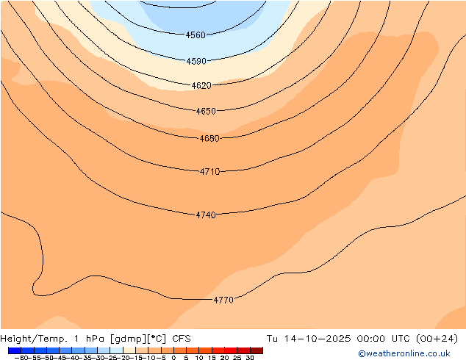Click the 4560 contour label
tap(196, 35)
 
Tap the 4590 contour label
tap(196, 62)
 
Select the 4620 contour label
tap(201, 86)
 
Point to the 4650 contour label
tap(206, 112)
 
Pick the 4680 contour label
tap(209, 139)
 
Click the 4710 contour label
tap(209, 172)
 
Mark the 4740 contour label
tap(206, 215)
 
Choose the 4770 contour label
tap(223, 300)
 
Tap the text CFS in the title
tap(182, 339)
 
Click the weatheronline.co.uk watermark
tap(404, 353)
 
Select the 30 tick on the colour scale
tap(250, 358)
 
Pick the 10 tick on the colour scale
tap(199, 358)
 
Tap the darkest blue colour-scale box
tap(14, 350)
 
